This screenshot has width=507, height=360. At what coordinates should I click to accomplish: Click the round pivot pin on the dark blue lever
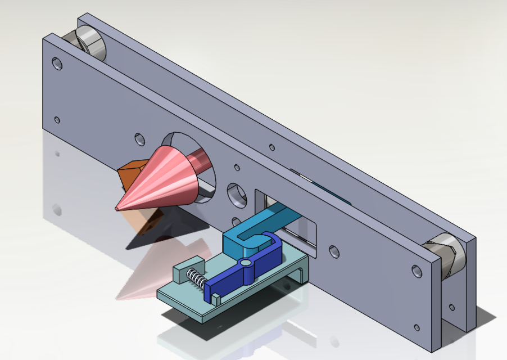[x=245, y=263]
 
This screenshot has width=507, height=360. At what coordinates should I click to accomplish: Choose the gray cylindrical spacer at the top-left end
[x=90, y=43]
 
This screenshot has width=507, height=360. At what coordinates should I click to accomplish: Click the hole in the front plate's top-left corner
[x=57, y=63]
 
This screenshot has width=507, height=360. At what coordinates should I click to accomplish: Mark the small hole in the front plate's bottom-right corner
[x=417, y=327]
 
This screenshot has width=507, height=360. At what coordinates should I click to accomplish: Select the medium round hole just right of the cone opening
[x=237, y=194]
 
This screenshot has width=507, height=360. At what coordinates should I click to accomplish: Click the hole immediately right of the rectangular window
[x=334, y=251]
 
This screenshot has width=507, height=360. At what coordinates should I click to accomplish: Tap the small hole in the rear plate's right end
[x=452, y=308]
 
